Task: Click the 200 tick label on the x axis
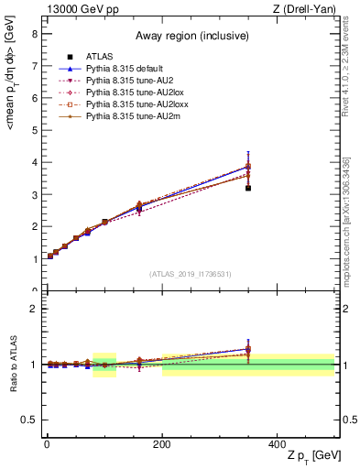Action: pyautogui.click(x=162, y=443)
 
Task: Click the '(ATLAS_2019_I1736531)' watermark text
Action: pyautogui.click(x=191, y=274)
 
